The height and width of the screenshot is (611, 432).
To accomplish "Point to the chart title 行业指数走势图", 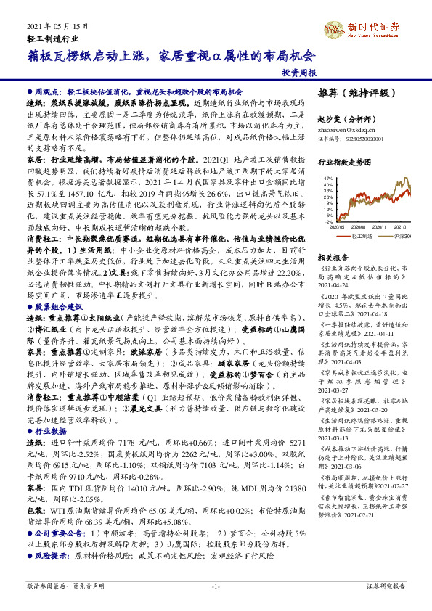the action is click(x=343, y=163).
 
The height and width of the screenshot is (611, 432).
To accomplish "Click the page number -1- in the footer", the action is click(x=216, y=586).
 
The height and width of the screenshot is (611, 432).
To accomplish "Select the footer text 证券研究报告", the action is click(x=386, y=585).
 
